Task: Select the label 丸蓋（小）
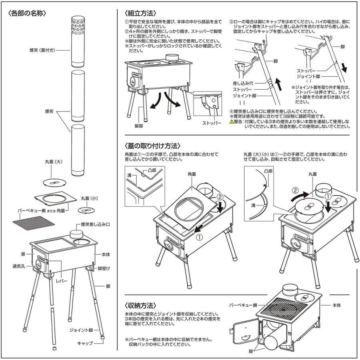90,198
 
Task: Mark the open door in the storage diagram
244,329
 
